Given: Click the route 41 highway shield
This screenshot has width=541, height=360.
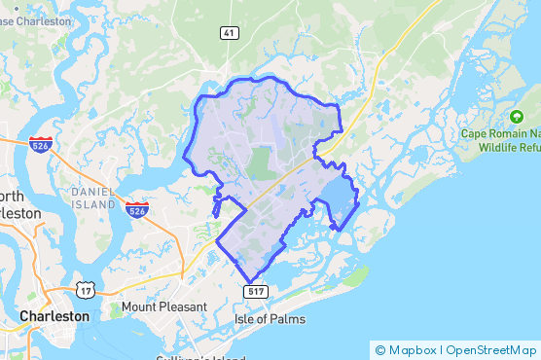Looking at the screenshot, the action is pyautogui.click(x=229, y=33).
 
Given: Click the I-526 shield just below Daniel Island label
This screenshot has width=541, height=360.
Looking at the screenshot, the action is pyautogui.click(x=136, y=209).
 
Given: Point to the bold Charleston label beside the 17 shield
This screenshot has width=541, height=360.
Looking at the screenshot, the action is pyautogui.click(x=54, y=316).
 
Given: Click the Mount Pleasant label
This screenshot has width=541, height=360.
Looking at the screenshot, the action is pyautogui.click(x=164, y=307).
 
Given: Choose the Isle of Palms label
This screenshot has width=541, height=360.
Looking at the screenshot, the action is pyautogui.click(x=270, y=319).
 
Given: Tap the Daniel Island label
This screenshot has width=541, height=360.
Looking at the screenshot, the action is pyautogui.click(x=92, y=198).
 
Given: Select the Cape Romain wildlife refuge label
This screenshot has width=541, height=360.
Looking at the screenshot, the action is pyautogui.click(x=500, y=140).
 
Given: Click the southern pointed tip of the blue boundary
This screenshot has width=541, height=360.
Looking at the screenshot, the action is pyautogui.click(x=249, y=282).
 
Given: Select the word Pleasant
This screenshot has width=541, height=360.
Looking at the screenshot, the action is pyautogui.click(x=184, y=307).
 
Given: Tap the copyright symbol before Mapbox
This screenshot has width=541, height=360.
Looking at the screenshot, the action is pyautogui.click(x=380, y=349).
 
